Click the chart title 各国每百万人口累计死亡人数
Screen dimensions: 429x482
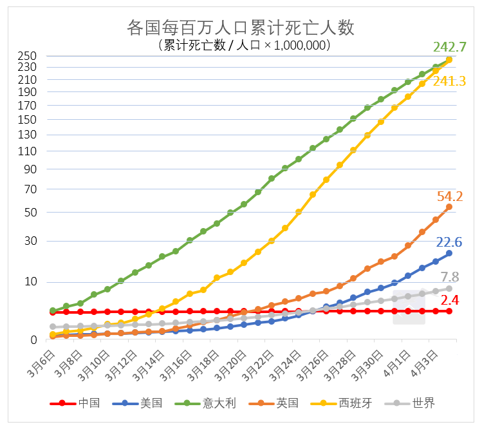point(241,28)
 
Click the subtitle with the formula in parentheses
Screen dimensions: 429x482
point(241,46)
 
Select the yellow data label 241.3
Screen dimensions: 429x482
point(449,81)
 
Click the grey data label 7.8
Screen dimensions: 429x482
point(450,277)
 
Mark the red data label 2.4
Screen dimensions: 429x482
point(450,300)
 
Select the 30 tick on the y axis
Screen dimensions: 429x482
point(32,242)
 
